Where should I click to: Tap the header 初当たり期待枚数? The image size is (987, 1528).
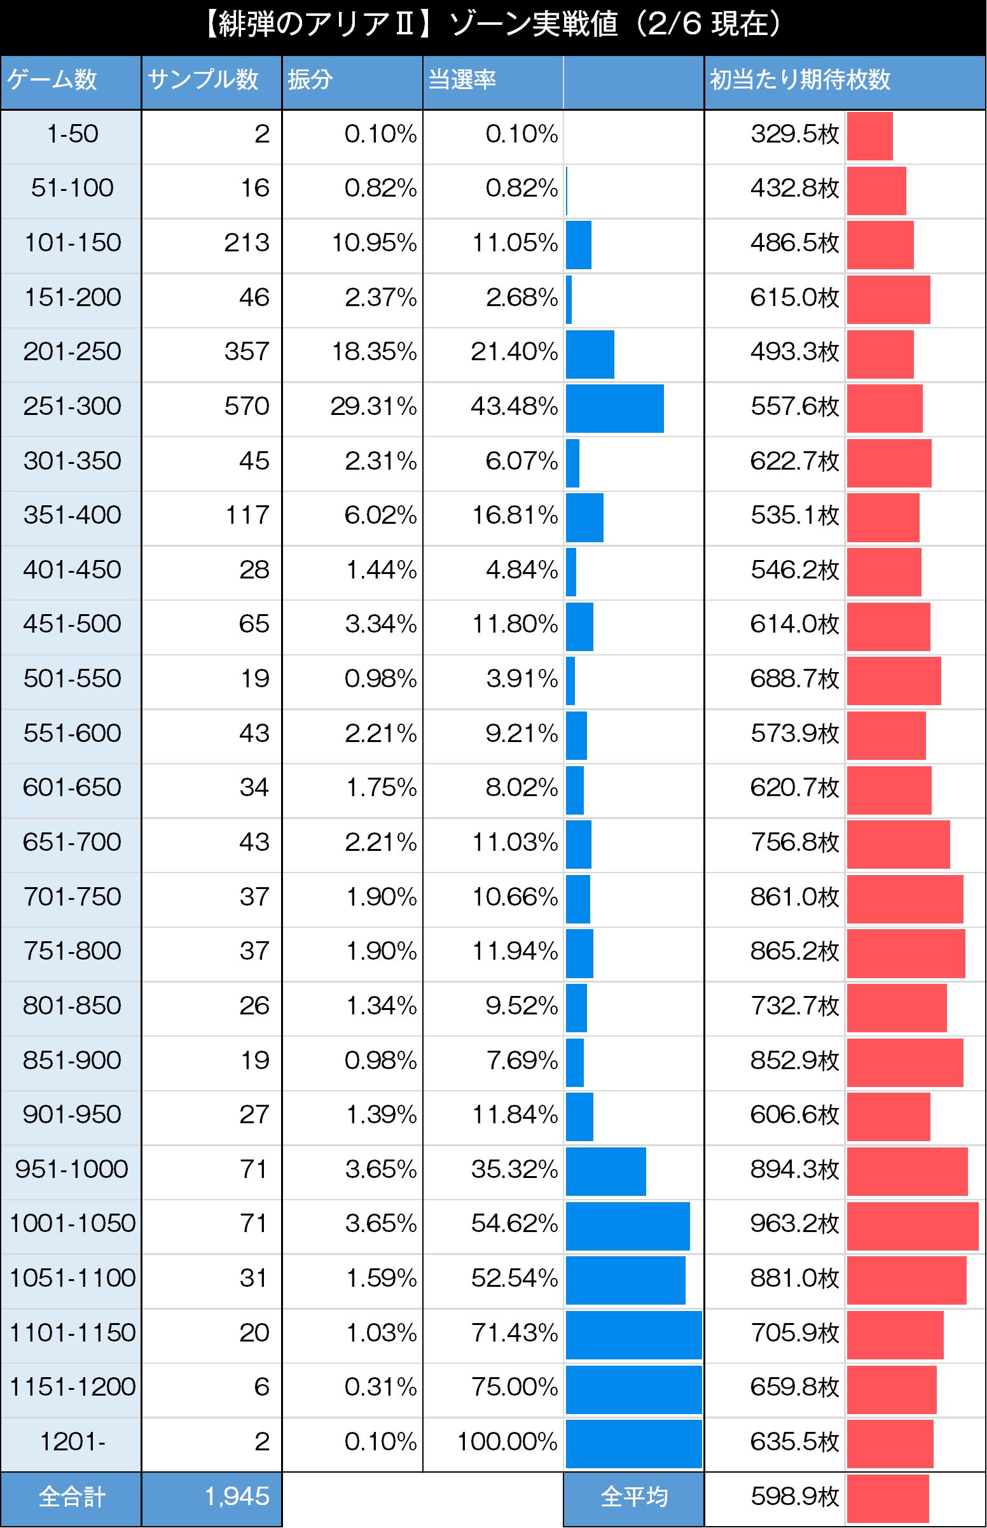(x=799, y=80)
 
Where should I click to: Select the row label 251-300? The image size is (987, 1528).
(x=72, y=406)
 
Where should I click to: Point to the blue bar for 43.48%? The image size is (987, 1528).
(x=614, y=409)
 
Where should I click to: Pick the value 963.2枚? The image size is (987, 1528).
(x=794, y=1223)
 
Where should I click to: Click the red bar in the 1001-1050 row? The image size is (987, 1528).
(x=912, y=1226)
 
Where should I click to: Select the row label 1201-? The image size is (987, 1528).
(x=72, y=1441)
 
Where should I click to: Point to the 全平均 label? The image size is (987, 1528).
(x=633, y=1497)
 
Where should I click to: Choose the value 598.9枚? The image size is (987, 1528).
(x=794, y=1497)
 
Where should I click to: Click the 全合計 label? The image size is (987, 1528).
(x=72, y=1497)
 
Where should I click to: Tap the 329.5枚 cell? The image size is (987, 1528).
(x=794, y=134)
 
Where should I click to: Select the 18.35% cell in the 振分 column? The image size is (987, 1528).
(x=374, y=351)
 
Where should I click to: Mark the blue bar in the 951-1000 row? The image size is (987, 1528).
(x=605, y=1172)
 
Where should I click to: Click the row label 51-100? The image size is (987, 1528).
(x=72, y=188)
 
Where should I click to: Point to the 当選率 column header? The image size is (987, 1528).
(x=462, y=80)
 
